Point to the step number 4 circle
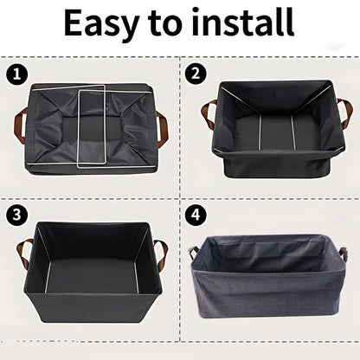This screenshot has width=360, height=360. (197, 214)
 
